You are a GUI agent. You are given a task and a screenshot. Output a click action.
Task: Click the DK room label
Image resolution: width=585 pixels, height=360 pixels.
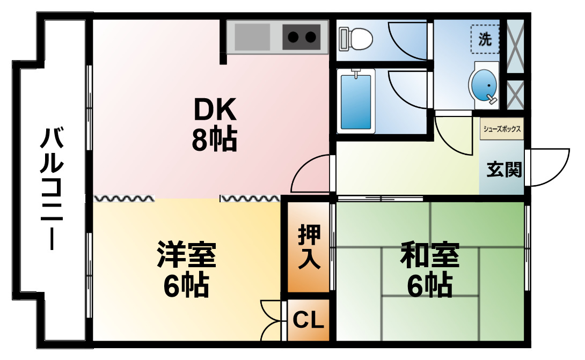click(215, 108)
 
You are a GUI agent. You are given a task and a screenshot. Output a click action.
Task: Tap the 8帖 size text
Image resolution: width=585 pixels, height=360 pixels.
click(215, 139)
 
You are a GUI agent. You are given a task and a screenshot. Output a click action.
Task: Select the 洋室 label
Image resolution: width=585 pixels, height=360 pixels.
click(187, 254)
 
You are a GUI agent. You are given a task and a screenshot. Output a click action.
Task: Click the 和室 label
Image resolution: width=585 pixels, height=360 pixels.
click(430, 255)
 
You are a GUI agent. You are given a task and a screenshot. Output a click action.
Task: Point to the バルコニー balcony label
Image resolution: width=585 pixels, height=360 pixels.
click(52, 188)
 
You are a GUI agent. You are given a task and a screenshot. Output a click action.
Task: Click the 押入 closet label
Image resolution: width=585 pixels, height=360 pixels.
click(309, 247)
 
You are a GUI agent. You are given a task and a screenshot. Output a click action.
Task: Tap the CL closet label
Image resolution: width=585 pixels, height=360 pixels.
click(308, 320)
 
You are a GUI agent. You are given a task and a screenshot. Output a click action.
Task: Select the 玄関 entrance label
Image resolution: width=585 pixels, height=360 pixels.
click(504, 170)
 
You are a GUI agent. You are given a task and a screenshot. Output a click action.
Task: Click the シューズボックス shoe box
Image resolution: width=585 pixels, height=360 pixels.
click(502, 129)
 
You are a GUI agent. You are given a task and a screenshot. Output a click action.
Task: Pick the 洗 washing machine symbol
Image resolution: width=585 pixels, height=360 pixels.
click(485, 39)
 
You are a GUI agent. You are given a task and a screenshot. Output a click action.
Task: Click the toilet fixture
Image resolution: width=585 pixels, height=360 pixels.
click(355, 39)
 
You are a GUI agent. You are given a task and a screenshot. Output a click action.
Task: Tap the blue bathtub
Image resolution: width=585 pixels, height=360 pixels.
click(356, 101)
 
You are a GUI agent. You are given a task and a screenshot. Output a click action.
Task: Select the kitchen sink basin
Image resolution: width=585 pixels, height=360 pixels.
click(252, 36)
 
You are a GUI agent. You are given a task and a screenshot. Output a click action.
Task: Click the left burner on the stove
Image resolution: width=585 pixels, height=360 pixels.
click(293, 37)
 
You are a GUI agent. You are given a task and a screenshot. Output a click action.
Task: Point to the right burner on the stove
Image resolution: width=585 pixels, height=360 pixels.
click(310, 37)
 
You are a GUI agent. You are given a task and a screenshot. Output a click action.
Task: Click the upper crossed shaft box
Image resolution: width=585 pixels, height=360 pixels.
click(515, 46)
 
